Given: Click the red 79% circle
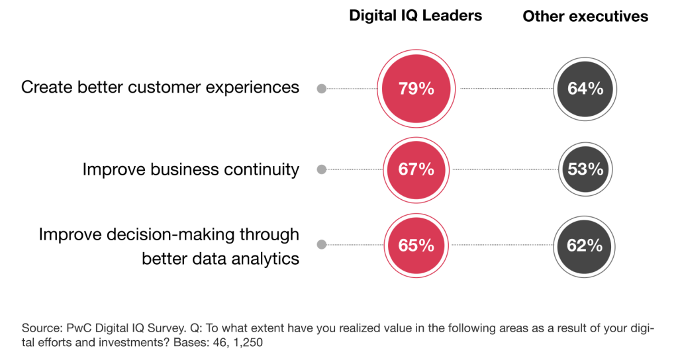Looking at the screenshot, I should point(416,88).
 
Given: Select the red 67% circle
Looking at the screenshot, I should point(416,169).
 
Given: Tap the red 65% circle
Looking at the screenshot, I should point(416,245).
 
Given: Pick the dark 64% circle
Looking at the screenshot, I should point(585,88).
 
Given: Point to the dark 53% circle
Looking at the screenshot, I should point(585,169).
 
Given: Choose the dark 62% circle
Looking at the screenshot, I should point(585,245).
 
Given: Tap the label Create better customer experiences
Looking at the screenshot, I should point(160,87).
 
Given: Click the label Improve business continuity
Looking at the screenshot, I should point(191,169).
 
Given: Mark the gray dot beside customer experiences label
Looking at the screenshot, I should point(322,88).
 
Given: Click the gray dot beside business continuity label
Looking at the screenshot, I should point(322,169).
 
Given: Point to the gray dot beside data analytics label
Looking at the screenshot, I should point(322,245).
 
